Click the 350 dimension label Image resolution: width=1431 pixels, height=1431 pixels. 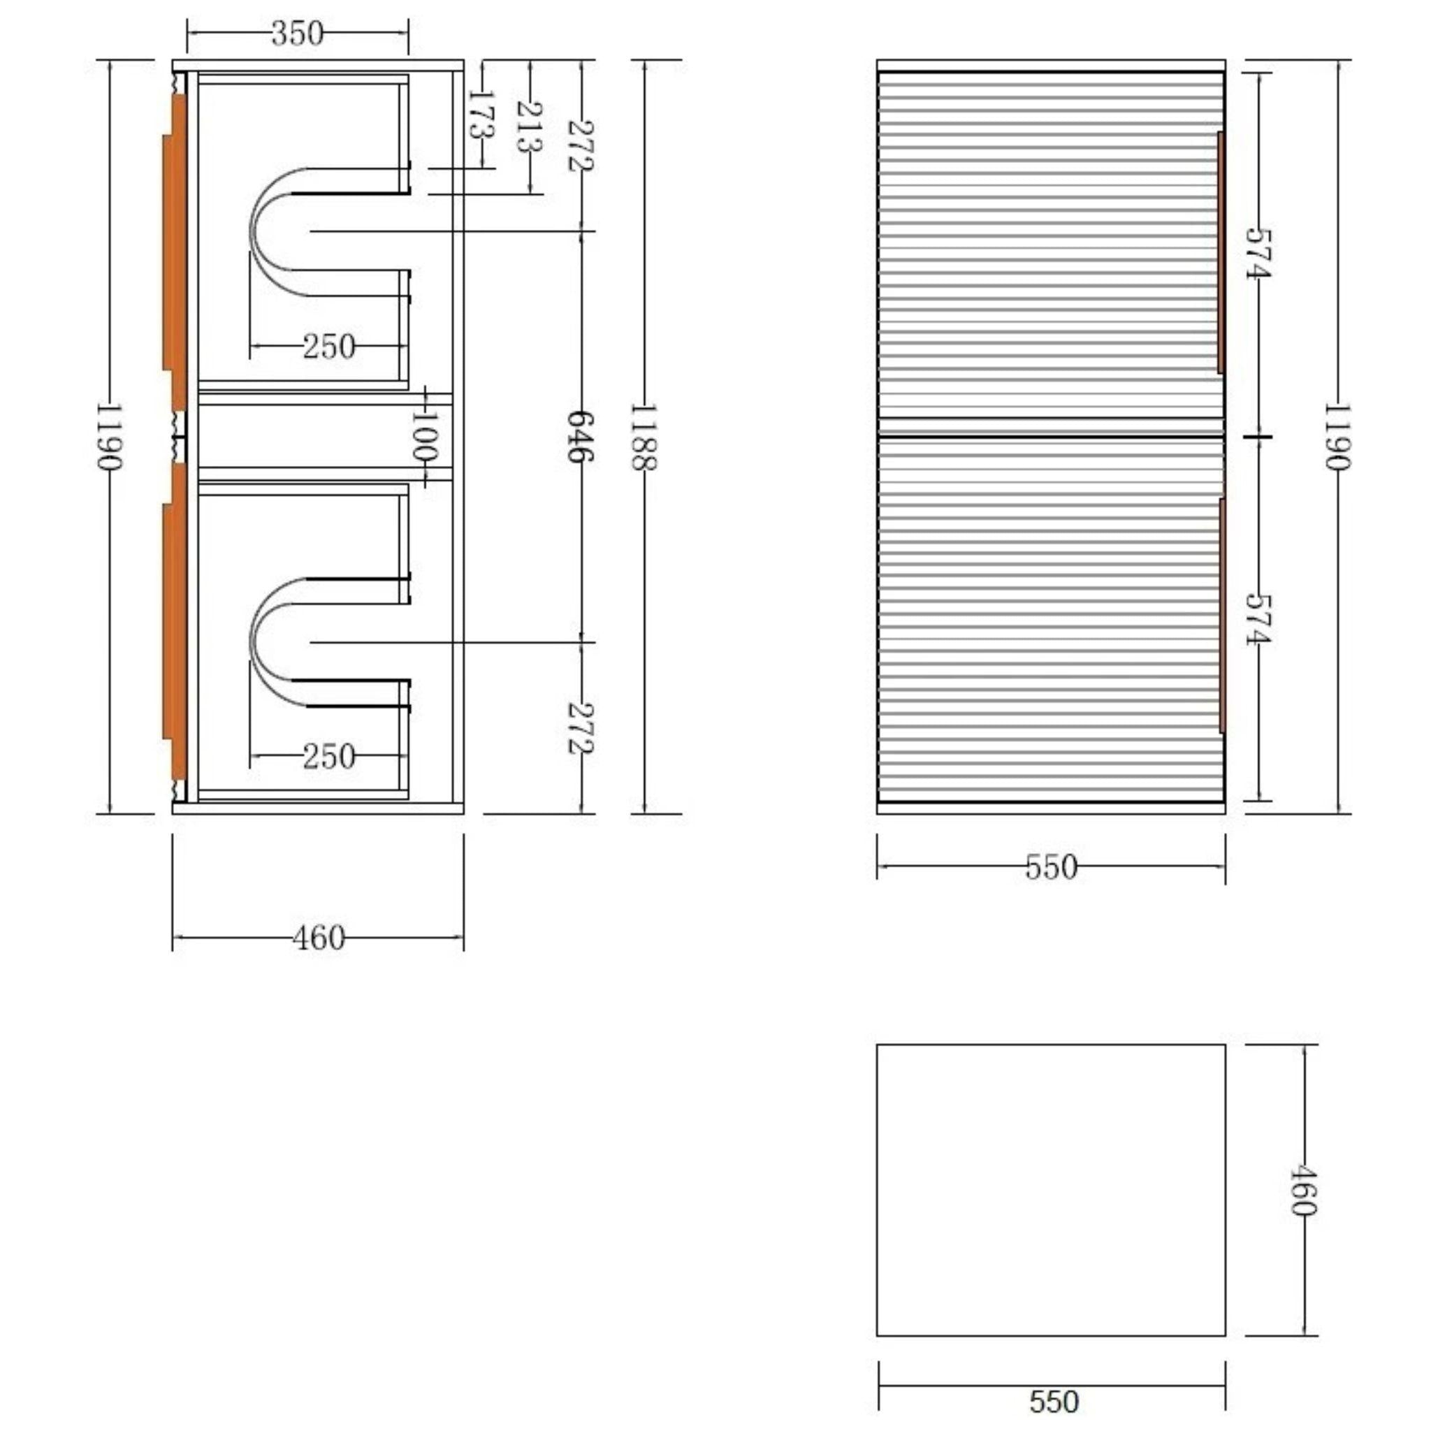pos(297,34)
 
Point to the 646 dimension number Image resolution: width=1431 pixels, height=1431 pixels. pos(580,436)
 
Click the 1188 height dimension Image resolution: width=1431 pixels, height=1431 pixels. pos(643,437)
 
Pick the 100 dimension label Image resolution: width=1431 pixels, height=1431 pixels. pos(425,435)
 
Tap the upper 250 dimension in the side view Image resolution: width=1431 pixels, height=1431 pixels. pos(328,346)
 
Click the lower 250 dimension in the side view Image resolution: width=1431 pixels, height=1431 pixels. pos(328,756)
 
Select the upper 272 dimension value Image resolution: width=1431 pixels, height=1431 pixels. pos(580,146)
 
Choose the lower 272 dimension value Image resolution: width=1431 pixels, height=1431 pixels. pos(580,728)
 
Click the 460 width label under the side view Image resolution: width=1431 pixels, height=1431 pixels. pos(319,938)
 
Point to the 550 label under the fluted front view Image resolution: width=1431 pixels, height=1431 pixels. pos(1051,866)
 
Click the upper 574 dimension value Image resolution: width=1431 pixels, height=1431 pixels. pos(1258,254)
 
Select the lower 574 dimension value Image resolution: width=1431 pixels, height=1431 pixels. pos(1258,618)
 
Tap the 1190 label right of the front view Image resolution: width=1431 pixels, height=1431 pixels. pos(1337,436)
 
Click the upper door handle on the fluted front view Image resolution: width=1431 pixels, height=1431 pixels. pos(1221,252)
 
